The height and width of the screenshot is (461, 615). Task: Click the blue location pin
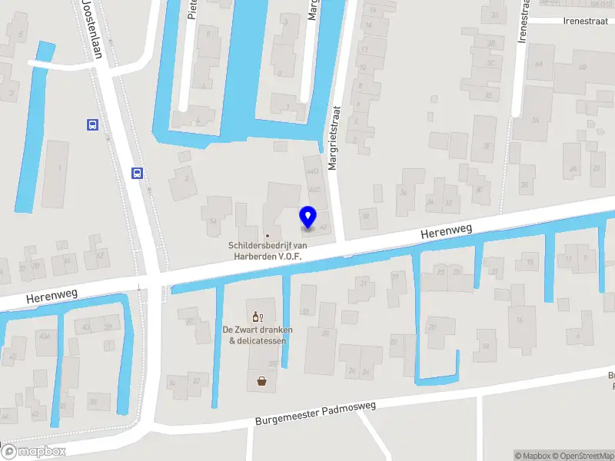[x=308, y=217]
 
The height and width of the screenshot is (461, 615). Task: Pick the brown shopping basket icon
[x=262, y=380]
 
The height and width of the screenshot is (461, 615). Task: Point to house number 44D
[x=312, y=171]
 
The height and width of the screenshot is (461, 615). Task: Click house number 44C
[x=314, y=189]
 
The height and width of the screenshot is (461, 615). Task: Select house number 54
[x=213, y=221]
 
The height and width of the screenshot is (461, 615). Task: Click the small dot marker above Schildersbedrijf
[x=268, y=236]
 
